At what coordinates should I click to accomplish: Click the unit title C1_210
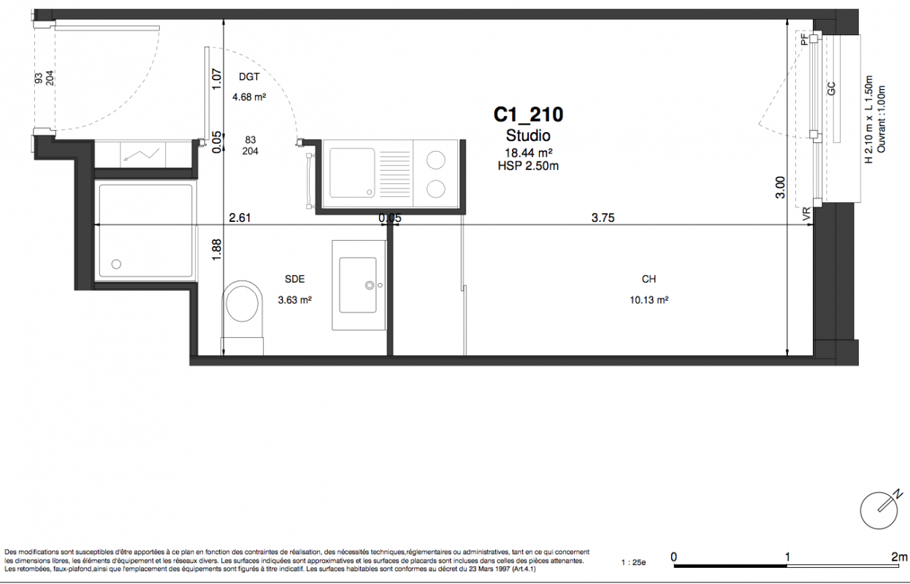[x=528, y=115]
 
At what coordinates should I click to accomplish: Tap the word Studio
[x=528, y=135]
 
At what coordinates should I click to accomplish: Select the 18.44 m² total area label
[x=528, y=153]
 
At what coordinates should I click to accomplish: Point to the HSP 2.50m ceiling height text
[x=528, y=166]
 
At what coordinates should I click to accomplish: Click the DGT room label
[x=249, y=77]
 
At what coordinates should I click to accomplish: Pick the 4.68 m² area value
[x=249, y=97]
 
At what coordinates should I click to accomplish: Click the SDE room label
[x=294, y=279]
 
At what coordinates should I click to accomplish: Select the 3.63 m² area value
[x=294, y=300]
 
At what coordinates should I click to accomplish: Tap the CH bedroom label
[x=649, y=279]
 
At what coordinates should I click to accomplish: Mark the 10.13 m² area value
[x=649, y=300]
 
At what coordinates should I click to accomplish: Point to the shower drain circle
[x=116, y=264]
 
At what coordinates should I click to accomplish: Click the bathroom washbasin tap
[x=370, y=285]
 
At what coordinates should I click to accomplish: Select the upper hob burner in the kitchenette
[x=435, y=160]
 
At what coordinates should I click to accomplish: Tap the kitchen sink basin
[x=352, y=172]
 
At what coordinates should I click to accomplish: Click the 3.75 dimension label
[x=603, y=218]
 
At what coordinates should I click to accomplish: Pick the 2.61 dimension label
[x=240, y=218]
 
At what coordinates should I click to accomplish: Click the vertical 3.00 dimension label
[x=781, y=187]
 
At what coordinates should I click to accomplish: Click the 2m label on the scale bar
[x=899, y=557]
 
